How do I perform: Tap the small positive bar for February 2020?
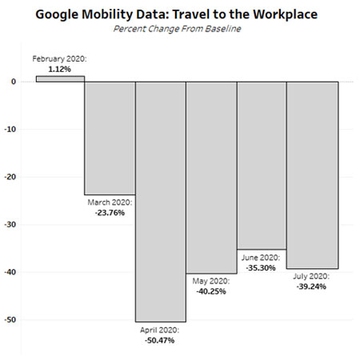pos(60,78)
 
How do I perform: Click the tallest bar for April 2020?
pos(161,200)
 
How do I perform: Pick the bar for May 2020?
pos(211,176)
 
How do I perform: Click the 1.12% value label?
pos(60,69)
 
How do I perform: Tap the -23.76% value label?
pos(110,213)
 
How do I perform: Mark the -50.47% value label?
pos(161,340)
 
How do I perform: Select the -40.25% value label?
pos(211,291)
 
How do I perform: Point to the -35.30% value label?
pos(262,268)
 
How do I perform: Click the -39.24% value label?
pos(312,287)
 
